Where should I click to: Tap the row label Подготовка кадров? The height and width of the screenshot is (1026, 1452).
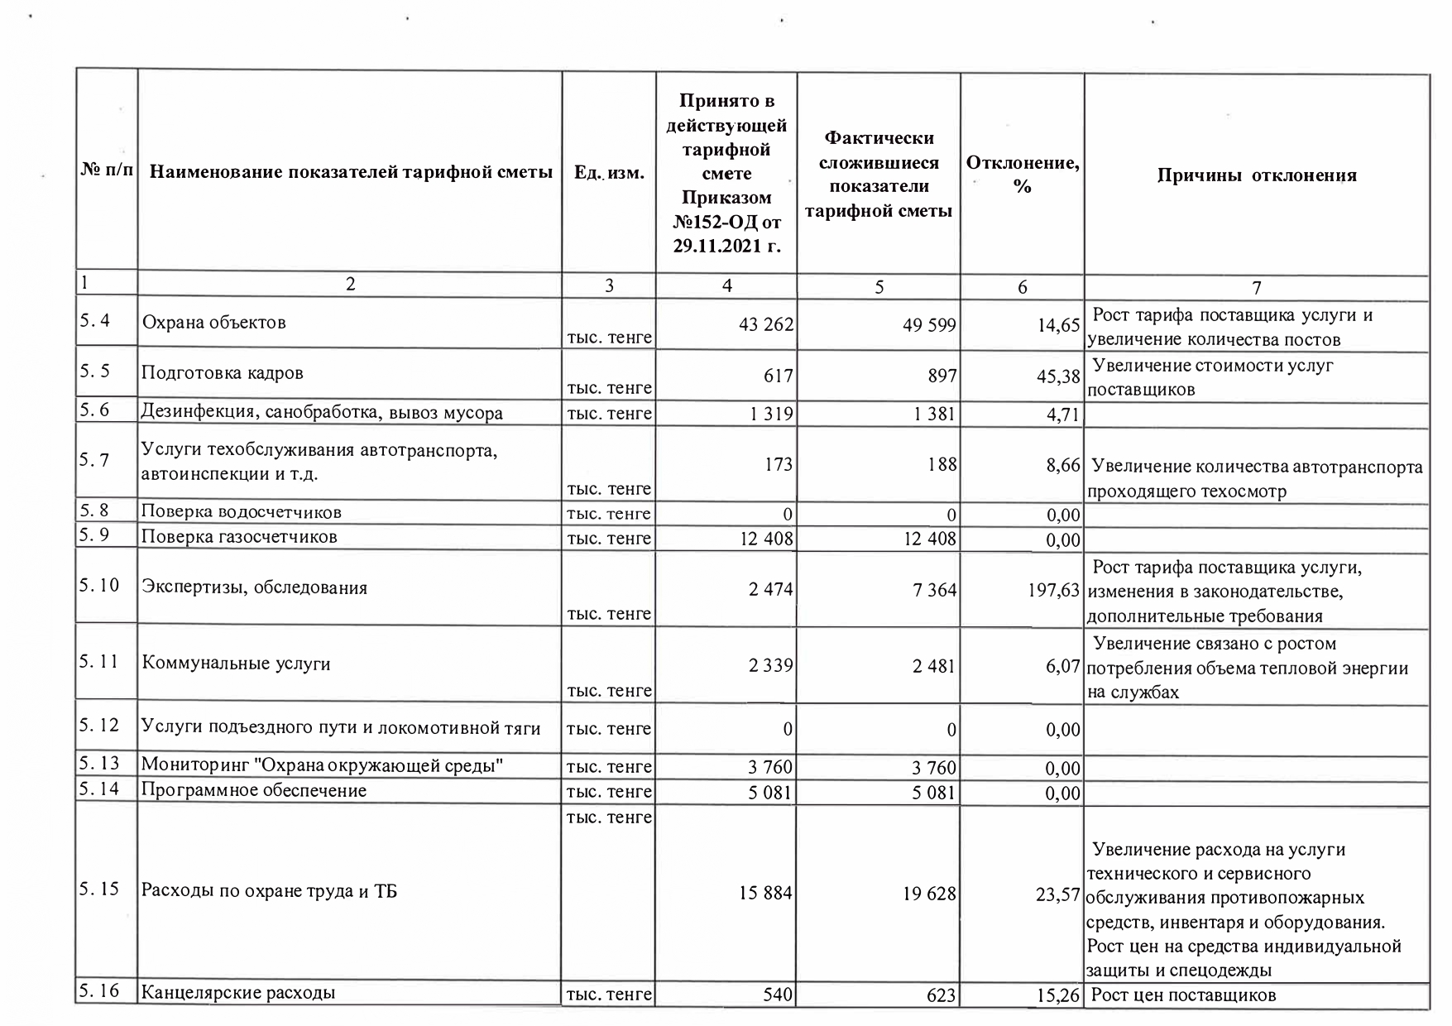(x=223, y=373)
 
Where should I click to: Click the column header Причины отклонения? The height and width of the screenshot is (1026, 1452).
(x=1256, y=175)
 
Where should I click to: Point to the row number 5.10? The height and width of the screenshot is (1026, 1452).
(x=99, y=586)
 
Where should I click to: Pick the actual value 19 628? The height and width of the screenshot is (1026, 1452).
(x=929, y=894)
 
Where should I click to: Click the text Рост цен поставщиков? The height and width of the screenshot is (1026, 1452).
(x=1183, y=995)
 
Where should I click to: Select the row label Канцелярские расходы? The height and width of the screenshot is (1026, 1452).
(x=238, y=992)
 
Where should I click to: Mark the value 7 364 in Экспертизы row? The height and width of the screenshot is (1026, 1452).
(x=934, y=590)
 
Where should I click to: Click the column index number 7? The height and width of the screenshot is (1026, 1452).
(x=1256, y=288)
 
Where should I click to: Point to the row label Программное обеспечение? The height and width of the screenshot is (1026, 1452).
(x=253, y=790)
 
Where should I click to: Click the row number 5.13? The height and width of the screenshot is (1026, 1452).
(x=99, y=763)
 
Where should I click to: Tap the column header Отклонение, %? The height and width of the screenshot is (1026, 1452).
(x=1022, y=175)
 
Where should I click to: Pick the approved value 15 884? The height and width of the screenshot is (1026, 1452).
(x=765, y=894)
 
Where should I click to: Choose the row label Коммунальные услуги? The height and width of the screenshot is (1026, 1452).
(x=236, y=664)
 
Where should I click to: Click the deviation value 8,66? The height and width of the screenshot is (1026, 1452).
(x=1063, y=466)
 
